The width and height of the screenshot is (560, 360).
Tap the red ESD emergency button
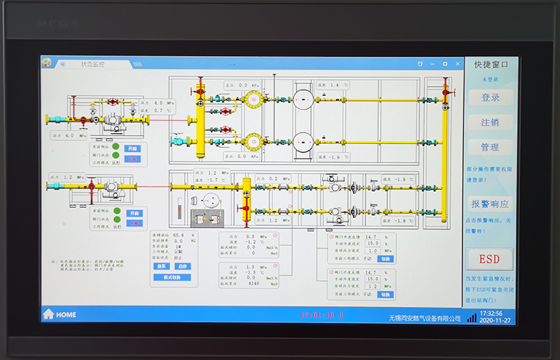(490, 258)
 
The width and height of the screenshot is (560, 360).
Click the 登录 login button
(490, 98)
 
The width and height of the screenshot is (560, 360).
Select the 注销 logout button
(490, 122)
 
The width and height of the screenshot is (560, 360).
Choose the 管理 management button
(490, 147)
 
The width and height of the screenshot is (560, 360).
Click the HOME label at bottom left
(66, 314)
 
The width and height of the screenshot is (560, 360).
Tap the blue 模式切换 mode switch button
(171, 277)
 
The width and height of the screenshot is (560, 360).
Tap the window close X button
(455, 63)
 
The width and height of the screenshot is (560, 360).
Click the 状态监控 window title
(93, 63)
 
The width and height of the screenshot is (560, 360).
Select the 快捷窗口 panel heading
(491, 64)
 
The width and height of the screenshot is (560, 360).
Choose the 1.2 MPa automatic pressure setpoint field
(373, 286)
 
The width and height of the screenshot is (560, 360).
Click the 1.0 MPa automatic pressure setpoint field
(373, 251)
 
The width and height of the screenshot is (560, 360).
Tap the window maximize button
(444, 63)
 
